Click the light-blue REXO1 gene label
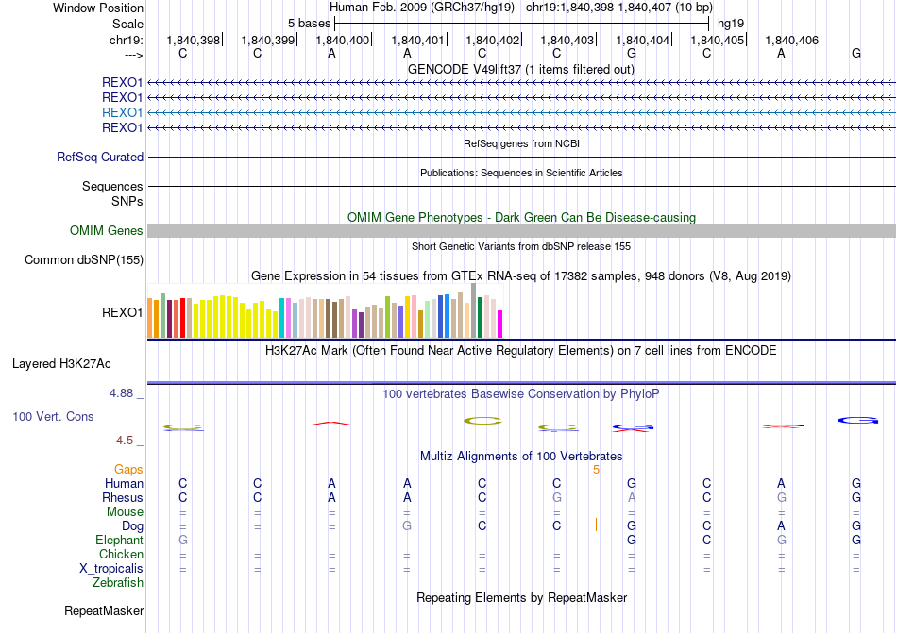click(x=122, y=112)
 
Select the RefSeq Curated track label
click(x=100, y=157)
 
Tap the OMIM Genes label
click(x=107, y=230)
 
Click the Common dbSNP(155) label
click(x=84, y=259)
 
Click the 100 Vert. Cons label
click(x=53, y=416)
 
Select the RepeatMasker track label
click(x=104, y=611)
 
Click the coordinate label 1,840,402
click(x=492, y=40)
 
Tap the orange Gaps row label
click(x=128, y=469)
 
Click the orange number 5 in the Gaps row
click(x=596, y=469)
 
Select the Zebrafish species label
click(x=118, y=583)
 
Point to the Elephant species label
click(x=119, y=541)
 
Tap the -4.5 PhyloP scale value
click(x=127, y=441)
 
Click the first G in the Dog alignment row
click(x=407, y=525)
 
